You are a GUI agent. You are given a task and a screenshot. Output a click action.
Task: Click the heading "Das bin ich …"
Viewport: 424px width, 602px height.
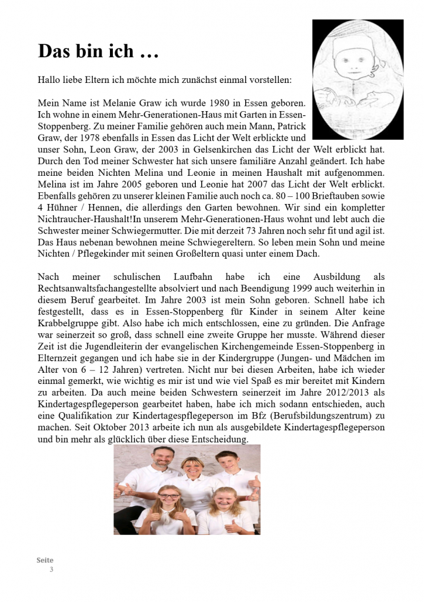point(98,51)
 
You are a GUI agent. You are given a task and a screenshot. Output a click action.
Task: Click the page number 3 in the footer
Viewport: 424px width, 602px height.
point(51,570)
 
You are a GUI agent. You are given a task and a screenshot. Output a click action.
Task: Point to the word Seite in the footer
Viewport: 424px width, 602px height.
point(45,561)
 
